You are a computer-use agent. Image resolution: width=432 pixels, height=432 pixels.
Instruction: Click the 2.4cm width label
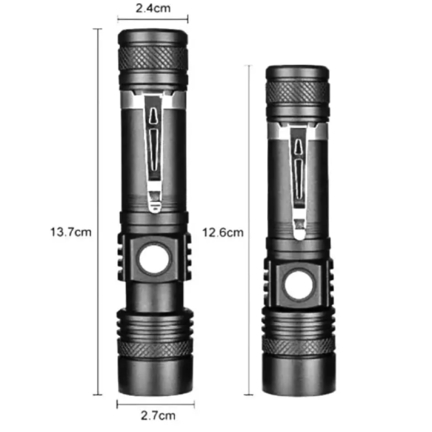click(153, 8)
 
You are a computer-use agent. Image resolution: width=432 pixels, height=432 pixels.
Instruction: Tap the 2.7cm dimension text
click(158, 415)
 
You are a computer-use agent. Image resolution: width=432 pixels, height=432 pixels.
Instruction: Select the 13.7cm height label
click(71, 232)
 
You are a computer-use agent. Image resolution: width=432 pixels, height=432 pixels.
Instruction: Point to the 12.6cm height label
click(223, 233)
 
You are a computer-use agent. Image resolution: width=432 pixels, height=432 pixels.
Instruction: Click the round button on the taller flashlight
click(153, 259)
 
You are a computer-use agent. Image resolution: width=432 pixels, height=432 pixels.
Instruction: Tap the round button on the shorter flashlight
click(299, 285)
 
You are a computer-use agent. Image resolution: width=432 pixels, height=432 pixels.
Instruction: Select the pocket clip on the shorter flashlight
click(299, 183)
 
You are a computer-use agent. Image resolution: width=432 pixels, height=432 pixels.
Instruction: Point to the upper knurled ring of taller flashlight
click(153, 58)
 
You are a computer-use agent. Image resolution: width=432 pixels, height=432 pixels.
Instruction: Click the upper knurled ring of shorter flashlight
click(298, 92)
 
